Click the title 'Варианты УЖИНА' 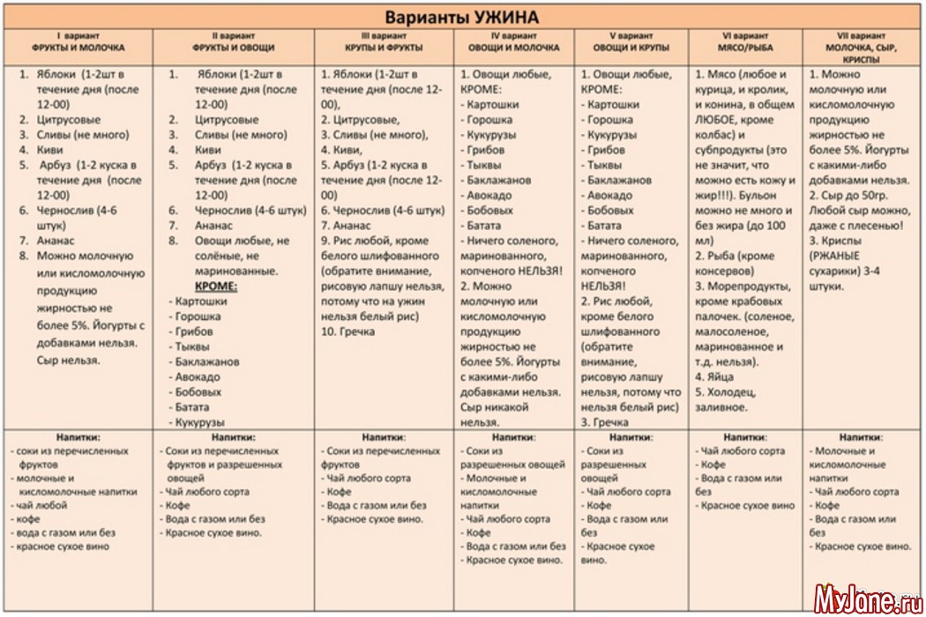click(462, 17)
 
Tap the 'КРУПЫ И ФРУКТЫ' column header click(384, 47)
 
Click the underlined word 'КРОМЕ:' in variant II click(216, 286)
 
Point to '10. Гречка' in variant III click(347, 331)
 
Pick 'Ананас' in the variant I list click(56, 241)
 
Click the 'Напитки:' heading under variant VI click(746, 436)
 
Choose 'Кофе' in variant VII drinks click(827, 505)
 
